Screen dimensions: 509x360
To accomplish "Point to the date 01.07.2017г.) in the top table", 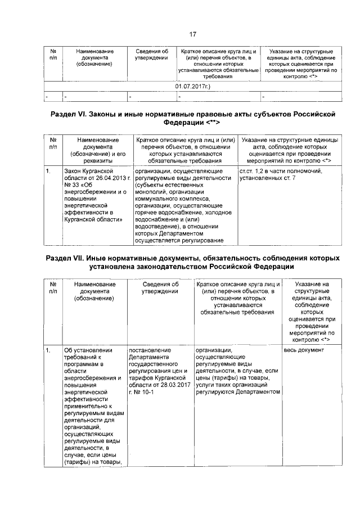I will click(x=193, y=87).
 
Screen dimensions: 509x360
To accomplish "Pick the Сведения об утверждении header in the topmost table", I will click(x=152, y=55).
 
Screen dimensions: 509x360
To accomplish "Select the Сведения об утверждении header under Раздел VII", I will click(x=160, y=288).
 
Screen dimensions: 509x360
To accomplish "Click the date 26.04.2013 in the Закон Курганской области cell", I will click(x=110, y=178).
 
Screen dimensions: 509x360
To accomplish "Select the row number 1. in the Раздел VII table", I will click(x=49, y=350).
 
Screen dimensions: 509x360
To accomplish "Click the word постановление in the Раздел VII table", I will click(x=148, y=350).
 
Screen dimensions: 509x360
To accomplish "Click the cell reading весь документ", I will click(x=304, y=350).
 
